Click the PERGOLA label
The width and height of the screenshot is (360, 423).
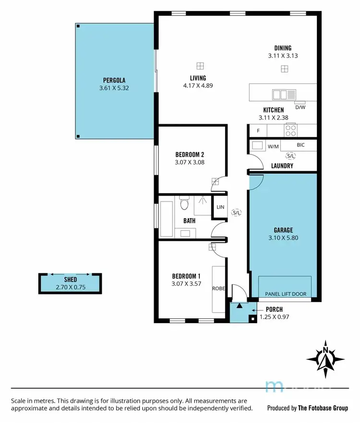tap(114, 80)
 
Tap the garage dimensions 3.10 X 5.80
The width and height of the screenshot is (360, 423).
tap(283, 237)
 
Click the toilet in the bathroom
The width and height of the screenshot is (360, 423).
tap(183, 205)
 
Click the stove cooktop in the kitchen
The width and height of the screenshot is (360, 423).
tap(291, 130)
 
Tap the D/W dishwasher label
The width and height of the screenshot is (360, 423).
tap(300, 107)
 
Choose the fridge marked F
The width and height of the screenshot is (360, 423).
tap(258, 130)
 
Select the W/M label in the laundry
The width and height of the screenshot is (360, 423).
tap(273, 146)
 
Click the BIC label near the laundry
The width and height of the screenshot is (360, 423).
tap(301, 144)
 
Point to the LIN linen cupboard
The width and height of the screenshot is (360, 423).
tap(220, 207)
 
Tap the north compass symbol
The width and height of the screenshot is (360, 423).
tap(325, 359)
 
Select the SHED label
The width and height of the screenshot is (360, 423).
tap(70, 279)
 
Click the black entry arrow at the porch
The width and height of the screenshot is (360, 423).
tap(240, 305)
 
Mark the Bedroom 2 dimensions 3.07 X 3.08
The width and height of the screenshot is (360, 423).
tap(190, 162)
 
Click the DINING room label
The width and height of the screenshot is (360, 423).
tap(283, 48)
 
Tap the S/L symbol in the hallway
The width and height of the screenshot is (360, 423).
tap(236, 212)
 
